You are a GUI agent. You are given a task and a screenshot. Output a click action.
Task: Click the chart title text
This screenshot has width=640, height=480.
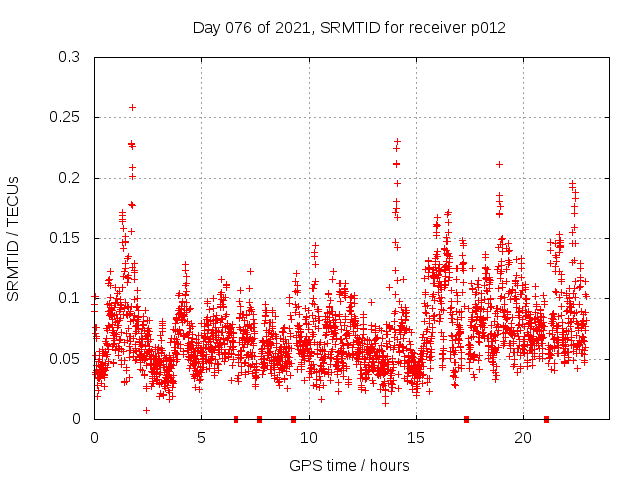pos(349,28)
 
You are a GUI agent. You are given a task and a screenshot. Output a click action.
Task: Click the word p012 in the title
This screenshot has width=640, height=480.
pos(487,28)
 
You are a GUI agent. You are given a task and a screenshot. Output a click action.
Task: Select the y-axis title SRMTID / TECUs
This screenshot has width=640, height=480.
pos(13,238)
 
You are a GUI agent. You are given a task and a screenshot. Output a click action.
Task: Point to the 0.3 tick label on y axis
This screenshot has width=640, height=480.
pos(69,58)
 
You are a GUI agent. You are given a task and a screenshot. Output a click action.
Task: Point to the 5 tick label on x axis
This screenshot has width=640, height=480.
pos(201,438)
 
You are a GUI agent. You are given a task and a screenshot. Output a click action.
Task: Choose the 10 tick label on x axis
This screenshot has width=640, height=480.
pos(308,438)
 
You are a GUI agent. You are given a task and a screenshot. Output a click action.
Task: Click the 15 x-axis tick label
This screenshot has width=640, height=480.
pos(415,438)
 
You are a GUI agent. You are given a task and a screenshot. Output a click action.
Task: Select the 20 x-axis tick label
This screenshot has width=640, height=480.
pos(522,438)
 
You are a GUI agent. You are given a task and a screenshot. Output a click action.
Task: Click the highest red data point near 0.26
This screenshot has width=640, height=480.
pos(132,107)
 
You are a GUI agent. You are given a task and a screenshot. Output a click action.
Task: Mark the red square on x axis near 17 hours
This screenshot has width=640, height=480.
pos(466,419)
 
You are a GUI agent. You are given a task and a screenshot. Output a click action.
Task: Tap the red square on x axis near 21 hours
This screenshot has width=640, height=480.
pos(546,419)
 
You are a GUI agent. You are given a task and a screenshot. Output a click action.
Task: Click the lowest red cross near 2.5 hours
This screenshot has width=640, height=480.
pos(146,410)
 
